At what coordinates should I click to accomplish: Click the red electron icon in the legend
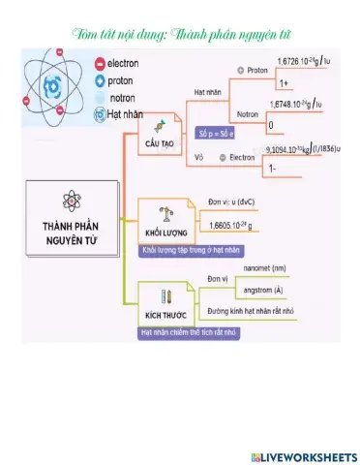tap(101, 63)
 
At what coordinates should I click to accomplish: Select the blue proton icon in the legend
tap(101, 79)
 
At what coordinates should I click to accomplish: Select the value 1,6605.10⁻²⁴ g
tap(229, 226)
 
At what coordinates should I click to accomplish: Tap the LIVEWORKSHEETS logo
tap(303, 455)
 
